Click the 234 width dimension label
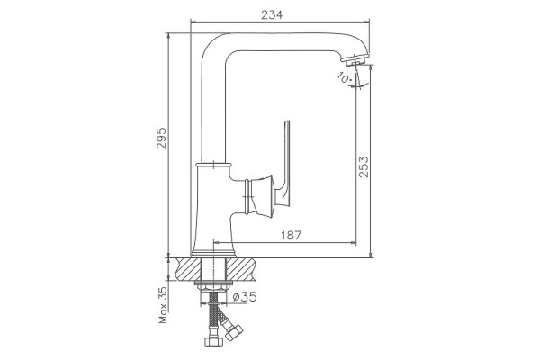point(272,14)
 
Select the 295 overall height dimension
point(161,138)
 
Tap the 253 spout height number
point(364,167)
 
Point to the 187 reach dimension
point(291,235)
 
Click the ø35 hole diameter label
point(245,296)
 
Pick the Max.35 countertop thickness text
point(163,305)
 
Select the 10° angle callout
point(344,78)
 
